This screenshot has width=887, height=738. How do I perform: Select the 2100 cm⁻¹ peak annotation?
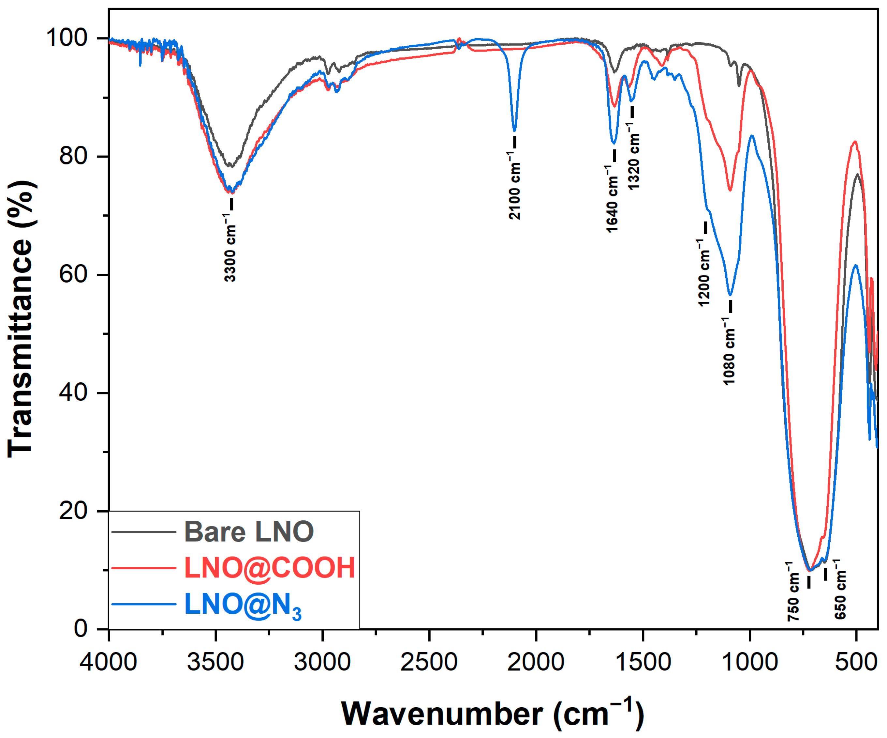pyautogui.click(x=514, y=186)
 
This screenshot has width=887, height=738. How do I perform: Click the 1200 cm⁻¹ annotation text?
pyautogui.click(x=704, y=273)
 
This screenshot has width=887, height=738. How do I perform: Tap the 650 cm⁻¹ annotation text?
pyautogui.click(x=840, y=590)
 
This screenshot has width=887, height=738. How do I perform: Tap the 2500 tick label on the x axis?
pyautogui.click(x=429, y=662)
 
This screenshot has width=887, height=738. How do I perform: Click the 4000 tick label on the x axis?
pyautogui.click(x=109, y=662)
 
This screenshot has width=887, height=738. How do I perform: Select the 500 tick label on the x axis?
pyautogui.click(x=856, y=662)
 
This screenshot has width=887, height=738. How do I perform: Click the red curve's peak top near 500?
pyautogui.click(x=855, y=142)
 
